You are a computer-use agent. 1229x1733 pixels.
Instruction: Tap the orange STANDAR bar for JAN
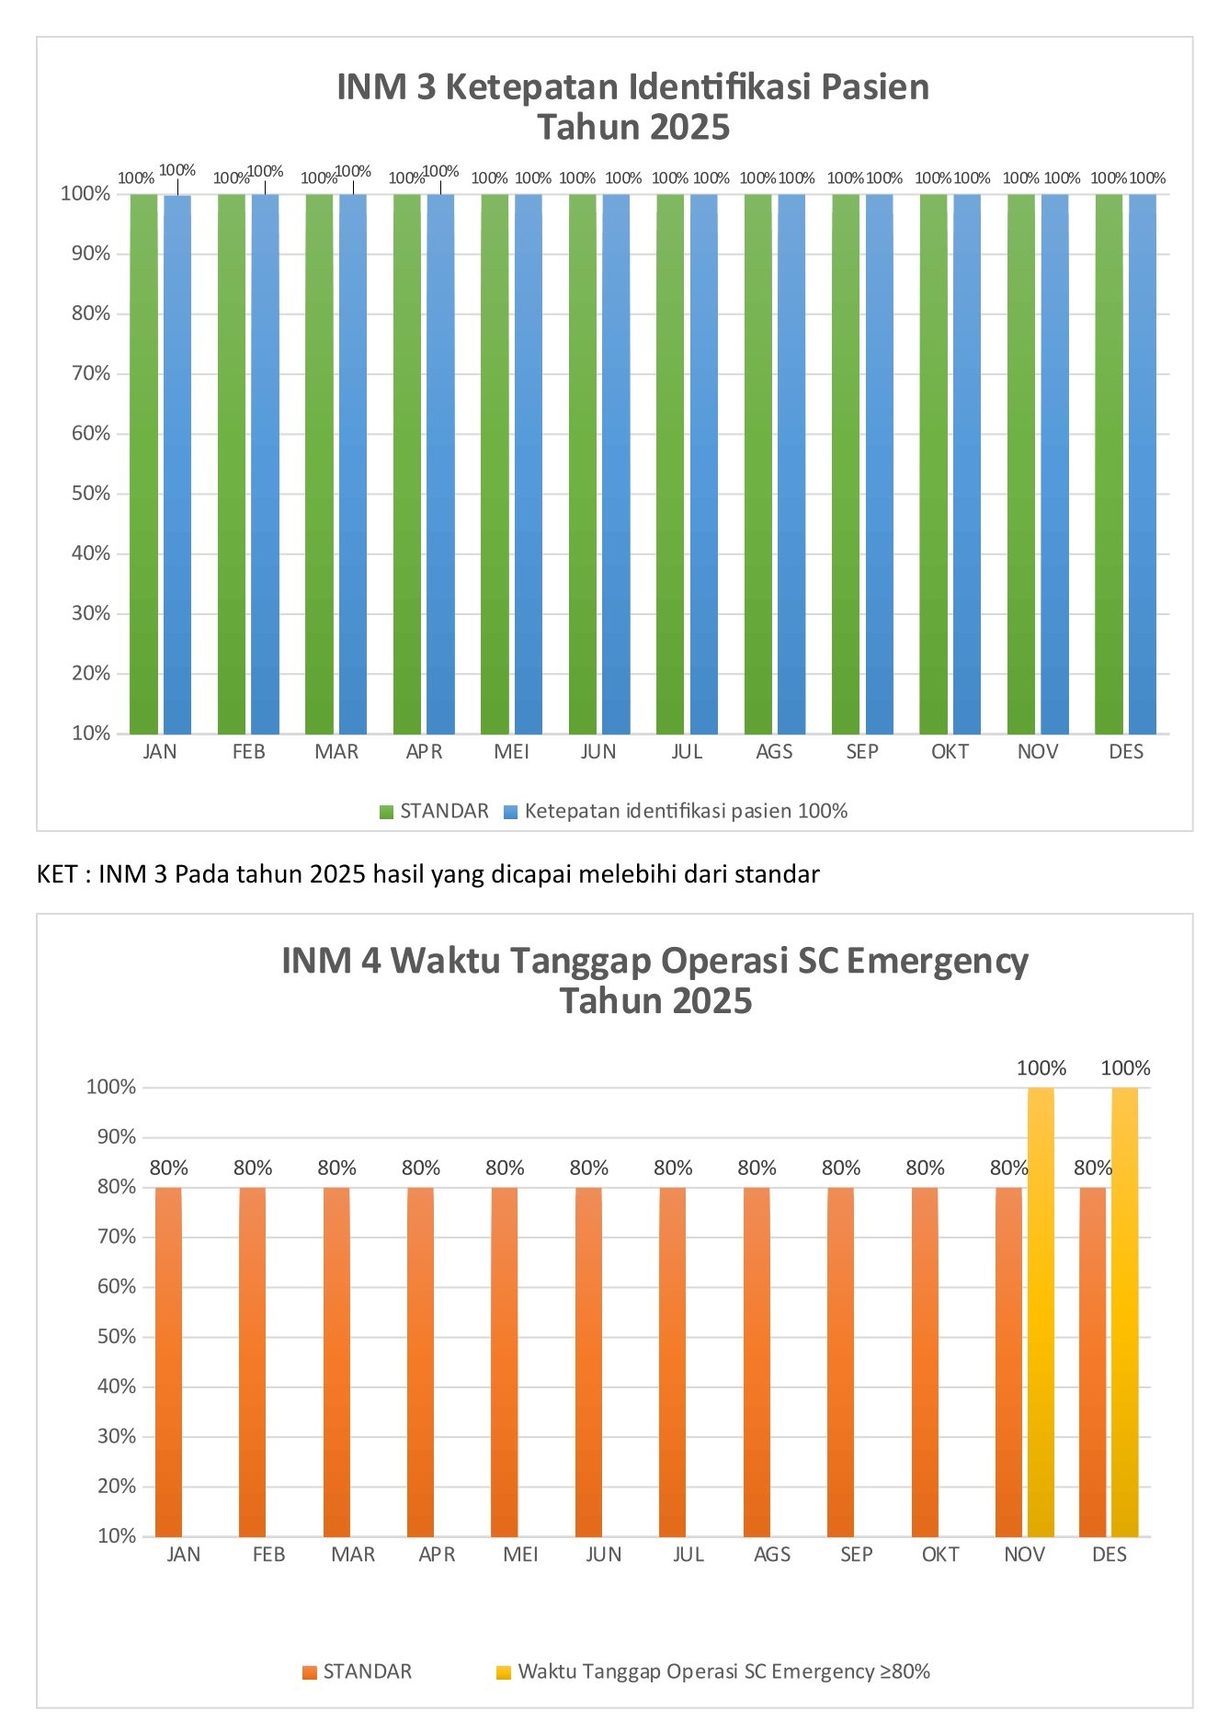point(168,1361)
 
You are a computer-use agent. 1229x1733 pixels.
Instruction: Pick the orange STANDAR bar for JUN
point(588,1361)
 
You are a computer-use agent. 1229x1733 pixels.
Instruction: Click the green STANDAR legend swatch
point(386,812)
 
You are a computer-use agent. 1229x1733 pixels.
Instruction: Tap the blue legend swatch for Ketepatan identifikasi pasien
point(510,812)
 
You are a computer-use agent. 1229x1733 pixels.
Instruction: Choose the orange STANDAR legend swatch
point(310,1672)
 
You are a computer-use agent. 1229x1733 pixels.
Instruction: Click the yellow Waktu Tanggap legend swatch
point(503,1672)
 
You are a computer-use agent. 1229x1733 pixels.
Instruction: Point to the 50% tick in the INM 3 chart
point(91,494)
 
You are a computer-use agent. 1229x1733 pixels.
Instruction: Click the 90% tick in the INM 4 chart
point(117,1137)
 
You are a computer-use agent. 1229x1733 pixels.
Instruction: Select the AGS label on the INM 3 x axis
point(774,752)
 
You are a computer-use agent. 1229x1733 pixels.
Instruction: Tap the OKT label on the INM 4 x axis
point(940,1555)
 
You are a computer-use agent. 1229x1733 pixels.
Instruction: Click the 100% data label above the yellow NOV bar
point(1041,1068)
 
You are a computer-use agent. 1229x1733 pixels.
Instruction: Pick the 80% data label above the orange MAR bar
point(336,1169)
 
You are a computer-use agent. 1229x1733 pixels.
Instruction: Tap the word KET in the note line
point(56,873)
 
